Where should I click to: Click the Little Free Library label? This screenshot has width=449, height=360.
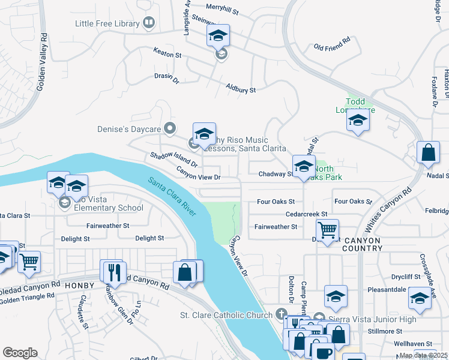[x=107, y=24]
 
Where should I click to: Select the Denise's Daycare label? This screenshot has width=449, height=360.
[x=129, y=129]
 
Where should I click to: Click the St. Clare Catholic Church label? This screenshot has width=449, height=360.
[x=227, y=315]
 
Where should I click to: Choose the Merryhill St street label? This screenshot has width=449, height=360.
[x=221, y=11]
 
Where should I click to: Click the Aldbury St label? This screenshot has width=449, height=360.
[x=241, y=89]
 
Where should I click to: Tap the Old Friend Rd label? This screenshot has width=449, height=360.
[x=331, y=44]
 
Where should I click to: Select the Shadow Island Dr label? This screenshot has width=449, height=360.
[x=174, y=160]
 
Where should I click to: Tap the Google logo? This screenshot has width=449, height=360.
[x=20, y=353]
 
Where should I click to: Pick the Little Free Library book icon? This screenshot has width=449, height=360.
[x=149, y=24]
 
